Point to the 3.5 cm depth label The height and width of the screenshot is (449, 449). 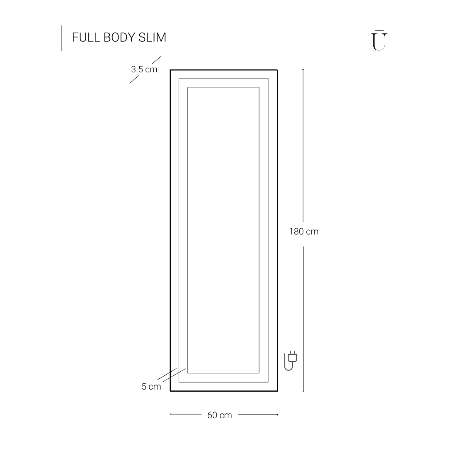click(x=144, y=70)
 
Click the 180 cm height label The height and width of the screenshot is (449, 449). click(x=303, y=232)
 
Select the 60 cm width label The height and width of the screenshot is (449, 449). click(x=220, y=415)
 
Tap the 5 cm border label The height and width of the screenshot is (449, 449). click(x=151, y=387)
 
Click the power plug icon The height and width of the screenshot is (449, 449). click(x=291, y=361)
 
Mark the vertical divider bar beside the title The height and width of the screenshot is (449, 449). click(x=62, y=38)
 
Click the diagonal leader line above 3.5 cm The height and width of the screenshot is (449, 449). click(x=156, y=60)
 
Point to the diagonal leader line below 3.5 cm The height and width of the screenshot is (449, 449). click(x=134, y=79)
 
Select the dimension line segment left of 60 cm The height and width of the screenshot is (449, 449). click(x=185, y=414)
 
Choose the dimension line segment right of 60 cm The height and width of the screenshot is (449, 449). click(x=258, y=414)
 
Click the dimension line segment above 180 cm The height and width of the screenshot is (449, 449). click(x=303, y=146)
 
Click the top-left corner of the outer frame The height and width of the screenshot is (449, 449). click(x=170, y=70)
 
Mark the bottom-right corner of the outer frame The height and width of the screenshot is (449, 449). click(x=277, y=391)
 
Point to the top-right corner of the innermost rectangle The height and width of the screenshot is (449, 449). click(x=259, y=87)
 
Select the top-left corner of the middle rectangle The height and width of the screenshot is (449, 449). click(x=179, y=78)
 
